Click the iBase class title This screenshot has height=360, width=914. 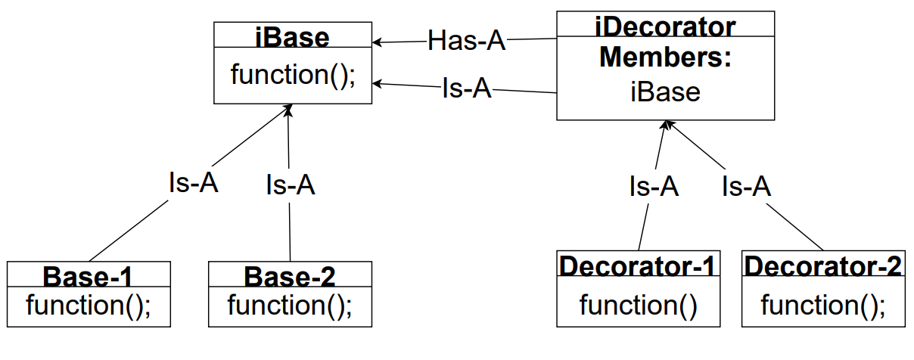(293, 37)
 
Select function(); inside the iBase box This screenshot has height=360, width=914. (293, 75)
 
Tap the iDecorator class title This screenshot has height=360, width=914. (666, 27)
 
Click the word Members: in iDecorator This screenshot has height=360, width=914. (666, 58)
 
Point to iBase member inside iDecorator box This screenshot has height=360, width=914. (666, 92)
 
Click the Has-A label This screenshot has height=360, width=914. (466, 41)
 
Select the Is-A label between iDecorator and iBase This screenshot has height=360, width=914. (467, 88)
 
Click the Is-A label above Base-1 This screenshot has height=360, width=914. (193, 182)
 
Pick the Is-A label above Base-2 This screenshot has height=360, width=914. (290, 185)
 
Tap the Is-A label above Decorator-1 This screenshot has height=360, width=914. (654, 186)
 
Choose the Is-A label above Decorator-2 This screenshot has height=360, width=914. (746, 186)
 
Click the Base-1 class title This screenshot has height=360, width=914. (89, 276)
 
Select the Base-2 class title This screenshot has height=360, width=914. (290, 276)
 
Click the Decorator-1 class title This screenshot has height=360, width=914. (639, 266)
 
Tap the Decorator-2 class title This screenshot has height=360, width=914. (823, 266)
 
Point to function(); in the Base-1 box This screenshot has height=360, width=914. (89, 306)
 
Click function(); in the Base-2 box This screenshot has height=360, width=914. (290, 306)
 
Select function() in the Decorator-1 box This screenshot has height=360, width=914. (639, 306)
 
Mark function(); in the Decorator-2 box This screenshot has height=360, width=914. (823, 306)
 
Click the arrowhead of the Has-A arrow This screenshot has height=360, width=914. (376, 42)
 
